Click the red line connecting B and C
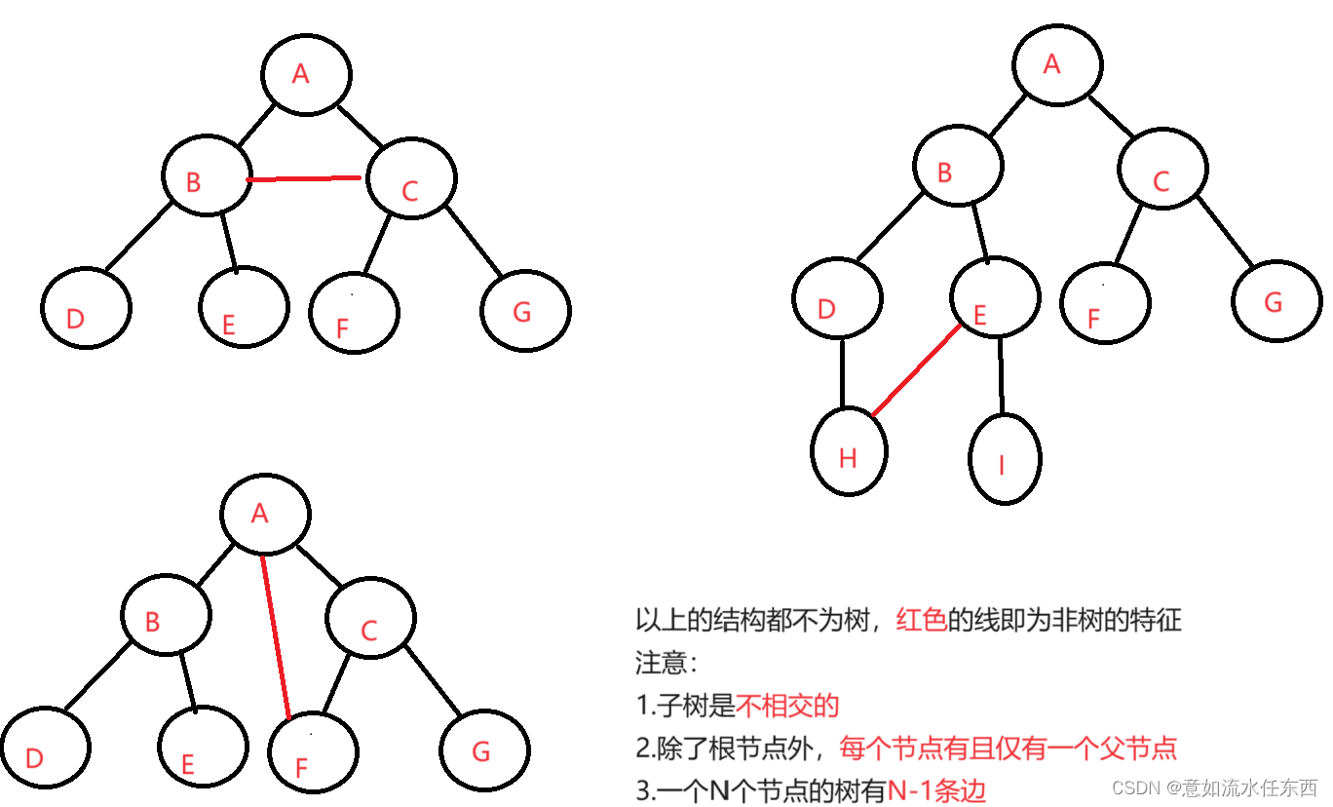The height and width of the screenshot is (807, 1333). pyautogui.click(x=304, y=178)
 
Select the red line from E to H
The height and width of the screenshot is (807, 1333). pyautogui.click(x=916, y=371)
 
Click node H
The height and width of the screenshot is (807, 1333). pyautogui.click(x=849, y=454)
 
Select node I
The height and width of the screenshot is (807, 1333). pyautogui.click(x=1005, y=459)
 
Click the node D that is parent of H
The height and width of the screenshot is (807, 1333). pyautogui.click(x=837, y=298)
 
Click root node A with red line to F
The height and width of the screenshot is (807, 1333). pyautogui.click(x=265, y=513)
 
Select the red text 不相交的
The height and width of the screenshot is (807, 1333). pyautogui.click(x=787, y=706)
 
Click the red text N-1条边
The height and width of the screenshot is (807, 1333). pyautogui.click(x=936, y=790)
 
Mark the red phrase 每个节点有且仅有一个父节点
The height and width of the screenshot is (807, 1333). pyautogui.click(x=1008, y=749)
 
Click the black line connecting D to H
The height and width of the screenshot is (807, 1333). pyautogui.click(x=843, y=374)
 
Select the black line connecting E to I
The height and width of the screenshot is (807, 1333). pyautogui.click(x=1001, y=374)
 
